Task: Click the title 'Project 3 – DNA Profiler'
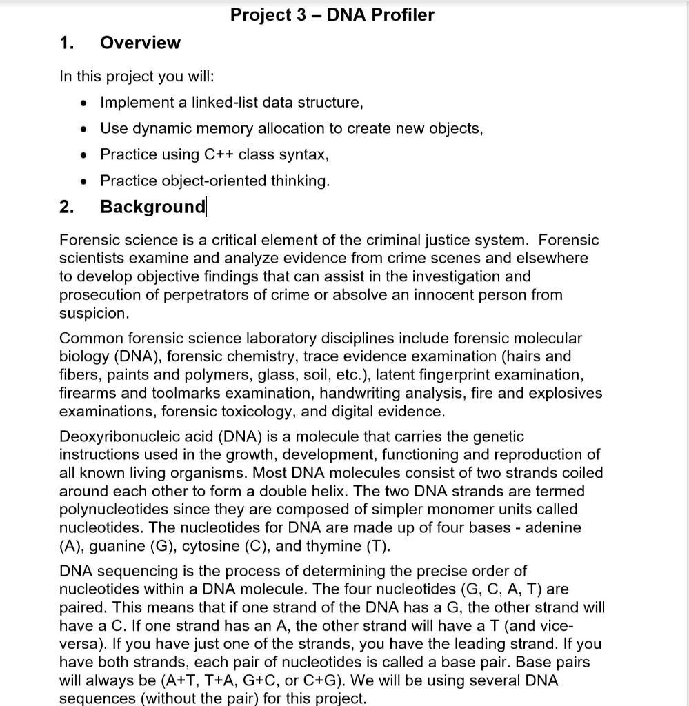332,14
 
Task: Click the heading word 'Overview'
140,43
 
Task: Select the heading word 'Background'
152,207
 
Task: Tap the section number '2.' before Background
66,207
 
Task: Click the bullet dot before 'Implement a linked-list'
83,103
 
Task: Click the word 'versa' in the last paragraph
78,644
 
